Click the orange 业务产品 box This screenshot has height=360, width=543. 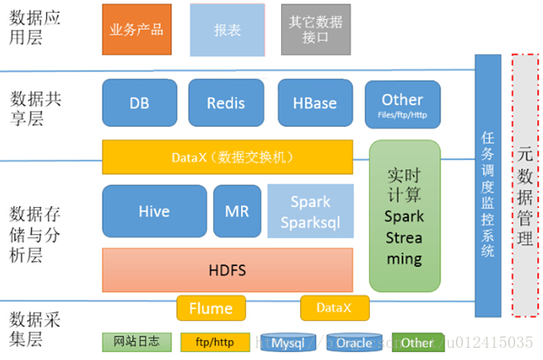pos(136,29)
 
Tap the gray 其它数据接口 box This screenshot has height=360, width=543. pos(316,29)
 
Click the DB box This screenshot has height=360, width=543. pos(139,103)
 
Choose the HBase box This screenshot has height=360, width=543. pos(314,103)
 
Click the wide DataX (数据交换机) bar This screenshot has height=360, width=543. pos(227,157)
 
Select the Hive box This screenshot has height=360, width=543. pos(154,211)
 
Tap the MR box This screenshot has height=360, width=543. pos(237,211)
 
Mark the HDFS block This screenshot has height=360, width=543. pos(227,270)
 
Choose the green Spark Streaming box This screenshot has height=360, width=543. pos(405,216)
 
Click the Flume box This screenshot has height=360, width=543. pos(211,308)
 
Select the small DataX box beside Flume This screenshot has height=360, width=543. pos(334,308)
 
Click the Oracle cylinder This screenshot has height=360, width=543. pos(354,343)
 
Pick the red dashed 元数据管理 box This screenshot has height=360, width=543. pos(525,185)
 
